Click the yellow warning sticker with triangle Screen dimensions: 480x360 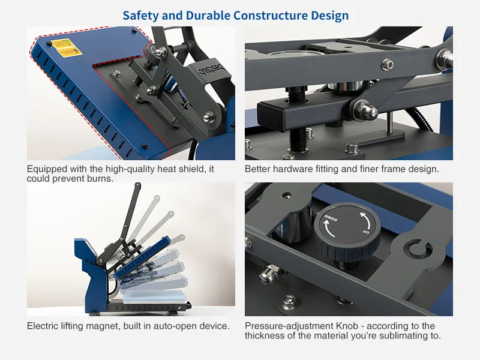point(62,44)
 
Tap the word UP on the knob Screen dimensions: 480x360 point(365,233)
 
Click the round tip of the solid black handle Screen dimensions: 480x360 point(138,185)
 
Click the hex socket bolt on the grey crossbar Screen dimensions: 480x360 point(388,65)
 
